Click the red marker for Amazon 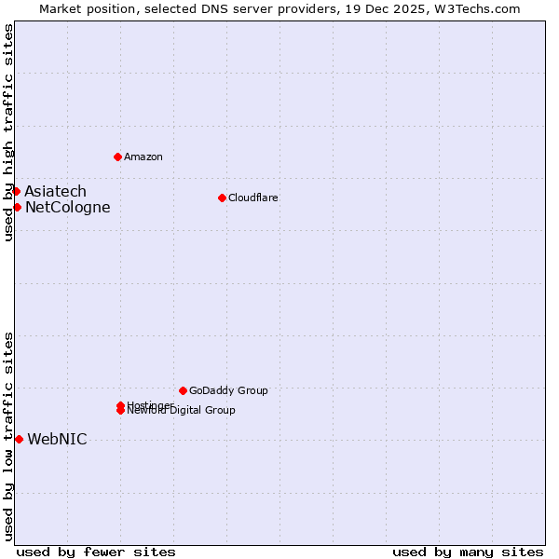point(117,157)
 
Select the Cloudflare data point point(222,198)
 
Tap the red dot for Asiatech point(16,191)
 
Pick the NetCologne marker point(17,207)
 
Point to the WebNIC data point point(19,439)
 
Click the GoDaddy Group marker point(183,390)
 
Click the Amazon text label point(143,157)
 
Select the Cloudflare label point(253,198)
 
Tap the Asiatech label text point(56,192)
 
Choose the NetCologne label point(68,208)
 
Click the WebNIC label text point(58,440)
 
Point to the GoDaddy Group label point(228,390)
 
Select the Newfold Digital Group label point(183,411)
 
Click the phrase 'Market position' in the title point(85,9)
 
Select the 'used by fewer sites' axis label point(96,552)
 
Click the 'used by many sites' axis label point(468,552)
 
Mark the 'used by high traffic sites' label point(9,133)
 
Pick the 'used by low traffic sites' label point(9,436)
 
